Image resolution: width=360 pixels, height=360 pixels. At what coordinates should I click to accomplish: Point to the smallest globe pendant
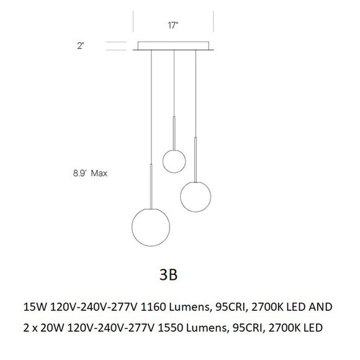point(174,161)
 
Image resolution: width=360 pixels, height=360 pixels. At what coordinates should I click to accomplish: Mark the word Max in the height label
point(99,174)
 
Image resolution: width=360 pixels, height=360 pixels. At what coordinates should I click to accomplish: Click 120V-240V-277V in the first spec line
point(91,306)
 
